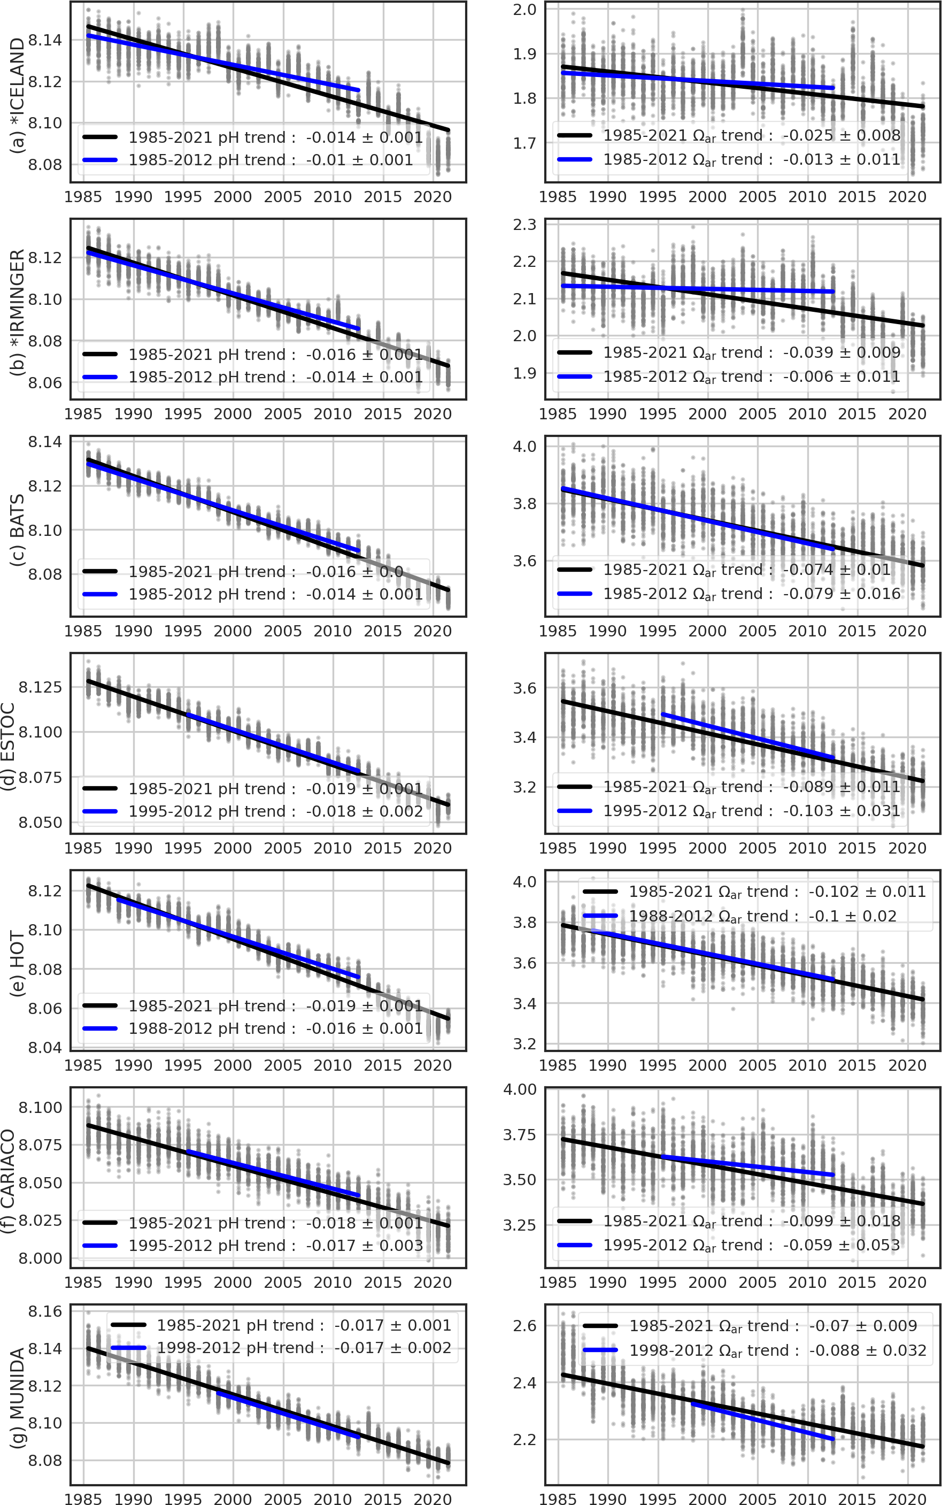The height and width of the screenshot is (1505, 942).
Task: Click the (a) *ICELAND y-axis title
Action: [18, 95]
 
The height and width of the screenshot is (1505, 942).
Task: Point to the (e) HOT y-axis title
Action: [18, 963]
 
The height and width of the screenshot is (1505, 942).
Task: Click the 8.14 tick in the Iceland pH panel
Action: [45, 41]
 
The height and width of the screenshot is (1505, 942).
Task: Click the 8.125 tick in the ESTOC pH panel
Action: [41, 687]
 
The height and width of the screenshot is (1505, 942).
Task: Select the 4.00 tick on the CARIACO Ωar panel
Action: [520, 1089]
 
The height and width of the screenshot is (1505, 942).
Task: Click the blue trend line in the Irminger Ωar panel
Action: [747, 289]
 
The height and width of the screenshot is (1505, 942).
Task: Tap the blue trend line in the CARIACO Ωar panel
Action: [747, 1165]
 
